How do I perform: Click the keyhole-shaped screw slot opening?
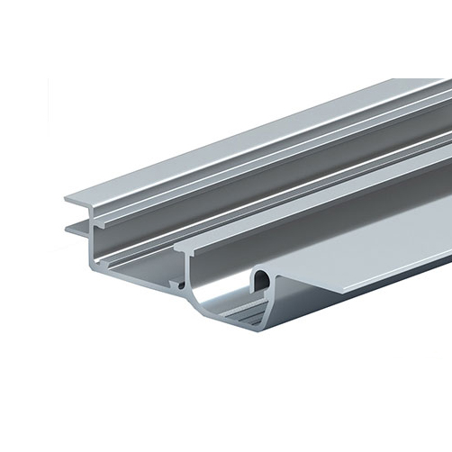(x=262, y=281)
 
